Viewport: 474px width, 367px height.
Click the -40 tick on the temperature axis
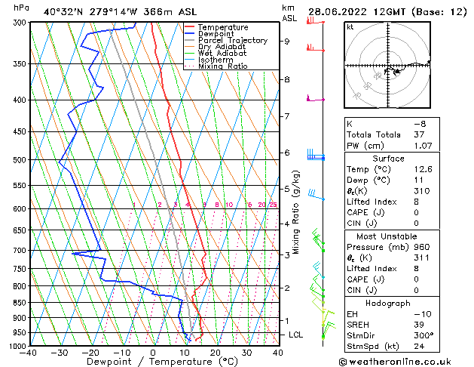(29, 352)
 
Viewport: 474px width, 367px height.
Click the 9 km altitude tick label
(286, 42)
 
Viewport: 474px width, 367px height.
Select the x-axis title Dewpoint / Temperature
(153, 362)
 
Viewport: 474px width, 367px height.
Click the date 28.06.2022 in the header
(336, 11)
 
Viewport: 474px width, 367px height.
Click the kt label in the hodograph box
(350, 27)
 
